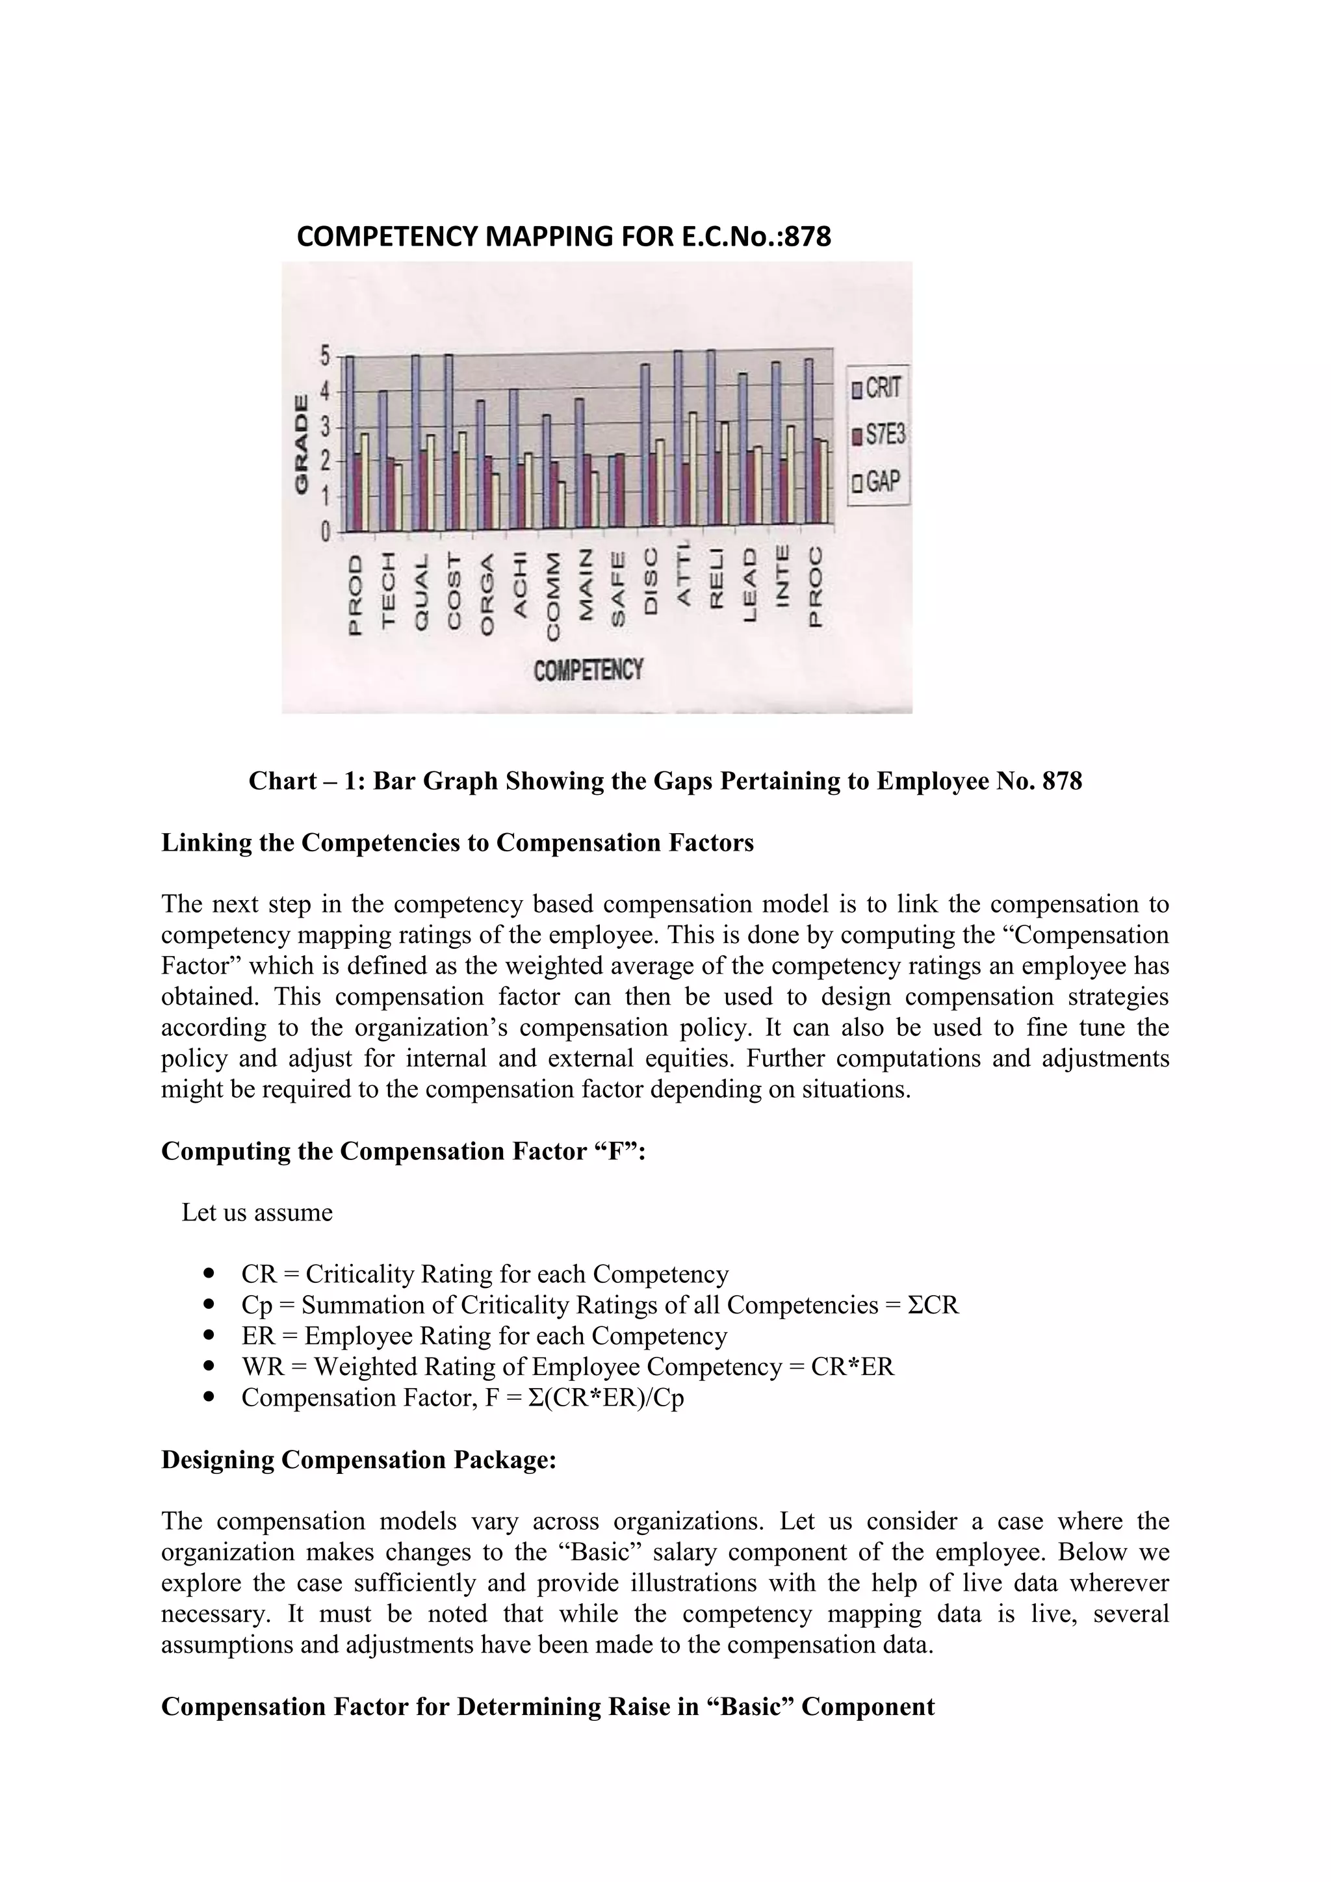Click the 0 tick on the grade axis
(324, 533)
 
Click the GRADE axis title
(302, 445)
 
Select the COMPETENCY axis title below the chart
(588, 671)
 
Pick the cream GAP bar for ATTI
(693, 468)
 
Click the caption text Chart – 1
(305, 781)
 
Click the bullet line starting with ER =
(484, 1336)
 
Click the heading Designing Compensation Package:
(358, 1459)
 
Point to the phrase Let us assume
(257, 1212)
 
